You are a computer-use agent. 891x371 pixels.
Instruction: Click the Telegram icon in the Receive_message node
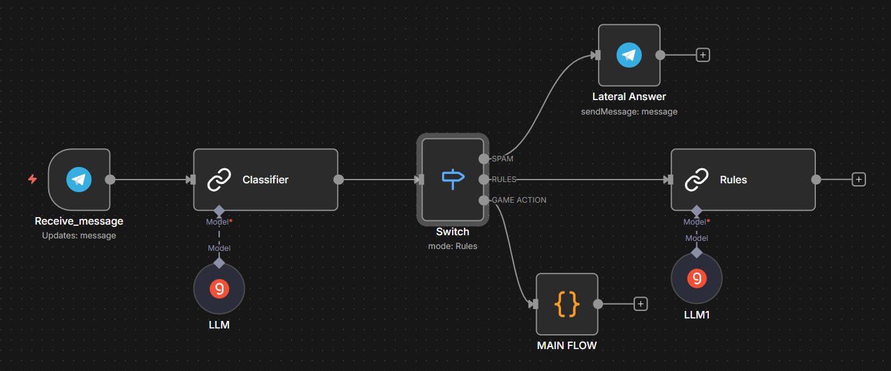(x=79, y=180)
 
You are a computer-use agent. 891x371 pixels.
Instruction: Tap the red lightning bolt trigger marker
(x=33, y=179)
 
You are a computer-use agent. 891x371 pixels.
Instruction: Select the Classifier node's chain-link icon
(x=219, y=180)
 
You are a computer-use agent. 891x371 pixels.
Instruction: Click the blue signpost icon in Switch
(x=453, y=179)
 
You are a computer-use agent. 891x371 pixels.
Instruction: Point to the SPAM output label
(x=502, y=159)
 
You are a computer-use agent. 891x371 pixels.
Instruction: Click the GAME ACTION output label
(x=519, y=200)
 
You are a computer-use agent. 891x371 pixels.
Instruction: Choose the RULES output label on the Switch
(x=504, y=180)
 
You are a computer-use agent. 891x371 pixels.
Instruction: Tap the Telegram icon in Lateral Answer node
(x=629, y=55)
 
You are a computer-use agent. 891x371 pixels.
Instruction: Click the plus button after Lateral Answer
(x=703, y=55)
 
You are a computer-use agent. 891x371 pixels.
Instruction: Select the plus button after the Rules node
(x=859, y=180)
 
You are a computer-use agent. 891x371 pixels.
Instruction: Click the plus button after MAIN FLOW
(x=641, y=304)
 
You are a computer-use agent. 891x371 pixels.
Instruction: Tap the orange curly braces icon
(x=567, y=304)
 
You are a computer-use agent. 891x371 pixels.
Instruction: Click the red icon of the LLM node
(x=219, y=288)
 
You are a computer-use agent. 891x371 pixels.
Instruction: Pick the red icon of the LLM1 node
(x=697, y=278)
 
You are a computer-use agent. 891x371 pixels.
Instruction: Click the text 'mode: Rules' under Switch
(x=453, y=246)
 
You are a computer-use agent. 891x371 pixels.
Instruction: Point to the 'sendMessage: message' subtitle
(x=629, y=112)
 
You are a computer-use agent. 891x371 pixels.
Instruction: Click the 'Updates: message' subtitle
(x=79, y=235)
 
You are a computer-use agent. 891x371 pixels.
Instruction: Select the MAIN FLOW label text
(x=567, y=345)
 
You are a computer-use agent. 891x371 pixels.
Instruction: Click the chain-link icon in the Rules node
(x=696, y=180)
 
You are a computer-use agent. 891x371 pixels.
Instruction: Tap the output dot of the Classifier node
(x=339, y=180)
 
